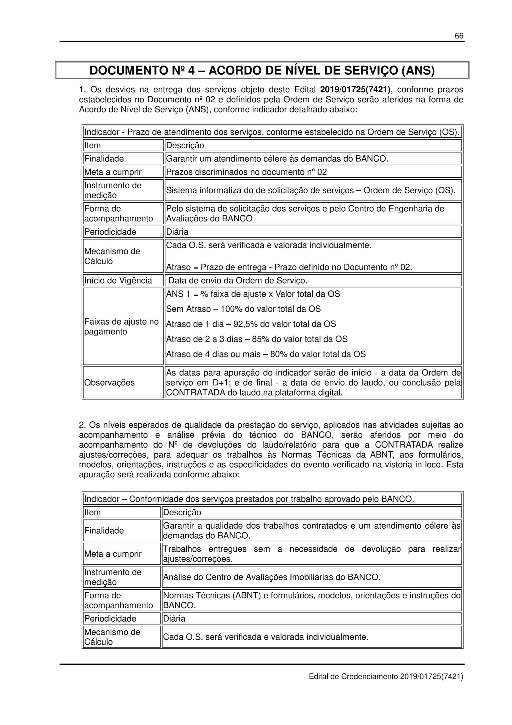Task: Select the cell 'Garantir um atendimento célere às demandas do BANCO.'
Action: pyautogui.click(x=277, y=159)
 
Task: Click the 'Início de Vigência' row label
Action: pyautogui.click(x=118, y=280)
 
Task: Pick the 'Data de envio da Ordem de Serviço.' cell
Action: pyautogui.click(x=238, y=280)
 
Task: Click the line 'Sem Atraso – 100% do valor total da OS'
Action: pyautogui.click(x=243, y=309)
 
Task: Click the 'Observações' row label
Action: pyautogui.click(x=109, y=383)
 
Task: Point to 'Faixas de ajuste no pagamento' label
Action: pyautogui.click(x=121, y=326)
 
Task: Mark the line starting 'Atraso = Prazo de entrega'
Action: pyautogui.click(x=289, y=267)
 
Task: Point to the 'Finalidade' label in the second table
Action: pyautogui.click(x=104, y=530)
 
